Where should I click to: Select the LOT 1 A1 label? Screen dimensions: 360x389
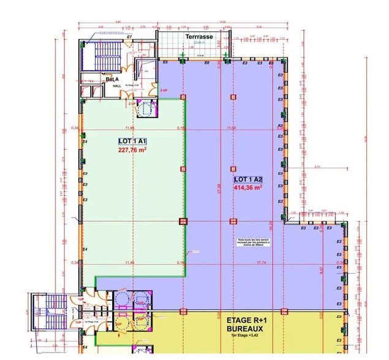pos(132,141)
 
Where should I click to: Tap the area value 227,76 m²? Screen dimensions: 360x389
pos(132,149)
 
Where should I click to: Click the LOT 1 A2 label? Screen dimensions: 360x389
pos(248,179)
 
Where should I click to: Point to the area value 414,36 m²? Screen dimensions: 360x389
pos(248,188)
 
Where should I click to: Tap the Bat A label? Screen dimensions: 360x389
pos(111,80)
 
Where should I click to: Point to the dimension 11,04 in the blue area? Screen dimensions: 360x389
pos(231,127)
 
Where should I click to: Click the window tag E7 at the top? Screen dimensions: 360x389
pos(129,37)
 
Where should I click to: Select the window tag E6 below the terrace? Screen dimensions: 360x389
pos(206,62)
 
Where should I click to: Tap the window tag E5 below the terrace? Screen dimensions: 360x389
pos(164,62)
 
